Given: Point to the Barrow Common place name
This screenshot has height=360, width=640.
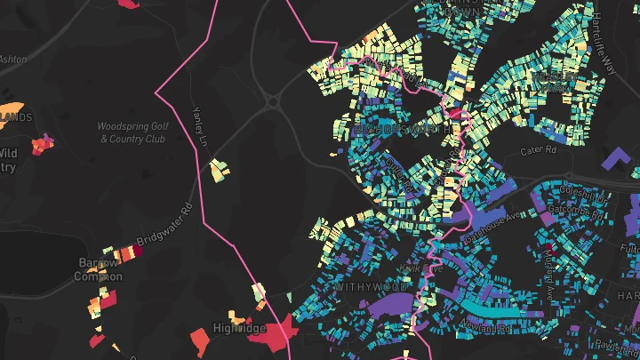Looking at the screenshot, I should [98, 269].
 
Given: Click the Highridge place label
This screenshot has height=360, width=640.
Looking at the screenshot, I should [240, 329].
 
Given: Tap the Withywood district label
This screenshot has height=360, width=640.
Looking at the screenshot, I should [372, 287].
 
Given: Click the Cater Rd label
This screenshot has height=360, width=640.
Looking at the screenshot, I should [538, 151].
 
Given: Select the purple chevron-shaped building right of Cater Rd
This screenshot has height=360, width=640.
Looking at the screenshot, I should [614, 160].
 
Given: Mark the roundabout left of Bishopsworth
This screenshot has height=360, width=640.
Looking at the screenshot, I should [272, 102].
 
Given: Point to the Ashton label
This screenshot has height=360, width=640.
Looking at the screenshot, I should [12, 59].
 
